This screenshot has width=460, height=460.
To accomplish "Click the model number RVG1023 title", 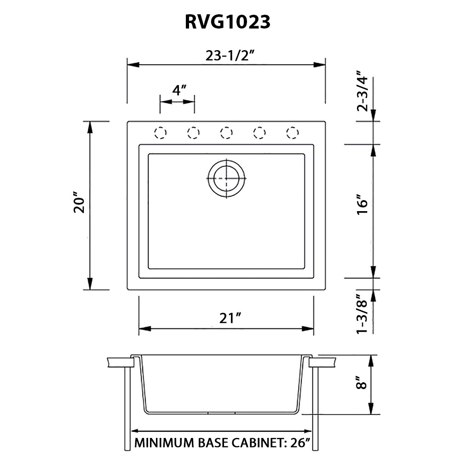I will (x=227, y=22).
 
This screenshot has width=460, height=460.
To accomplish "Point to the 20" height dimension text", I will (x=80, y=205).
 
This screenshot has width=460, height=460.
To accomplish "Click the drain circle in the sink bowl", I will (x=226, y=178).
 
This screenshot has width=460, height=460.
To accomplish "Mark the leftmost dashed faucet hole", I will (x=160, y=133).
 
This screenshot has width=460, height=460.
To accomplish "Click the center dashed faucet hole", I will (x=226, y=133).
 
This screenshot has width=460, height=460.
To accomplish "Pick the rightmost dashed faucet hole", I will (x=292, y=133).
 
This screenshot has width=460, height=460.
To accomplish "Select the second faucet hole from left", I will (x=193, y=133).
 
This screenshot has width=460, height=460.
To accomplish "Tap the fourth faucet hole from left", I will (x=259, y=133).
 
